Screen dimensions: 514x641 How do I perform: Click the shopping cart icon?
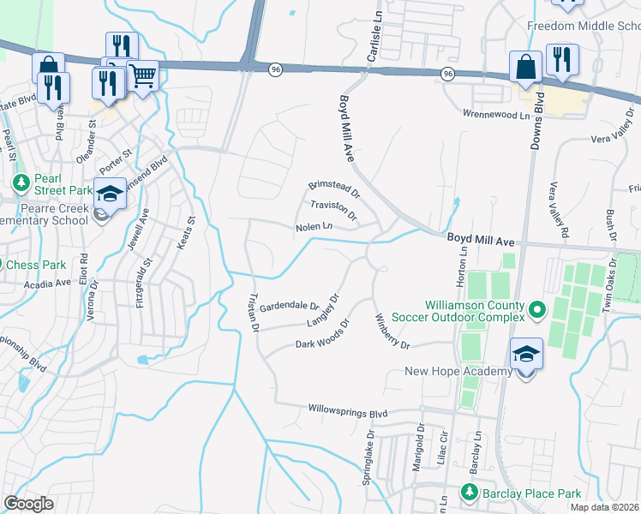[143, 75]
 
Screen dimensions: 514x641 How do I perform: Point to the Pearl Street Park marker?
[21, 182]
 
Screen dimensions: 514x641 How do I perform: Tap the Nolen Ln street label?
[314, 226]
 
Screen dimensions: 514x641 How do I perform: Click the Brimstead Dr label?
[334, 188]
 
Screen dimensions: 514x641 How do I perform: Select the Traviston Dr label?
[332, 207]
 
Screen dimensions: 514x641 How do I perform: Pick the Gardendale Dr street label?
[290, 306]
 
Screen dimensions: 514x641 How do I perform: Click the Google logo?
[28, 504]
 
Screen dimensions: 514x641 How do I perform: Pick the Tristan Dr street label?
[253, 312]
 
